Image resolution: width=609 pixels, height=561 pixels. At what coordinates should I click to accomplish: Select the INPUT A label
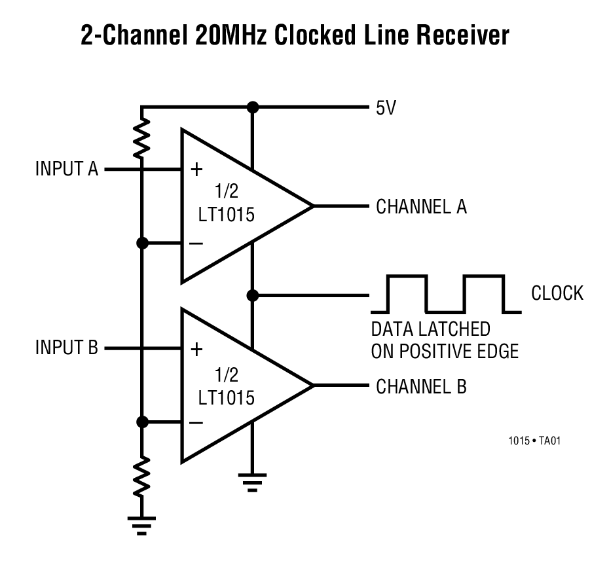click(x=66, y=169)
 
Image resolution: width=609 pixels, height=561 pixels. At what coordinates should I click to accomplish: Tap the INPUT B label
click(x=66, y=348)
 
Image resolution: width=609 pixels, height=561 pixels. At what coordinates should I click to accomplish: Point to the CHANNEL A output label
click(x=421, y=207)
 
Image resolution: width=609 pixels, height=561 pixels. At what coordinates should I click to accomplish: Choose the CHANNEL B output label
click(x=421, y=386)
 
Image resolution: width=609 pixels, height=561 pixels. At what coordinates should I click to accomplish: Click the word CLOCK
click(x=557, y=293)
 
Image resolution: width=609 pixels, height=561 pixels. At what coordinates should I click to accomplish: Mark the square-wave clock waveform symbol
click(x=446, y=293)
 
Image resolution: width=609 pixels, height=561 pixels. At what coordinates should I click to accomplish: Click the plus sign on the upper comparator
click(x=196, y=170)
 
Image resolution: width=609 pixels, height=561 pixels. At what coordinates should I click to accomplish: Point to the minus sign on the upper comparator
click(x=196, y=244)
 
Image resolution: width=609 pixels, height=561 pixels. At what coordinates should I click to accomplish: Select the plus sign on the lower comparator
click(x=196, y=349)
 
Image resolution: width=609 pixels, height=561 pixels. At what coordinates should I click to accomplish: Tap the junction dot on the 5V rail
click(x=252, y=107)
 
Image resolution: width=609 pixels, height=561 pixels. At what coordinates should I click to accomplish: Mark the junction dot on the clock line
click(x=252, y=295)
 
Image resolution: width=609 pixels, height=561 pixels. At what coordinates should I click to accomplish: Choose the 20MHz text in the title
click(x=231, y=35)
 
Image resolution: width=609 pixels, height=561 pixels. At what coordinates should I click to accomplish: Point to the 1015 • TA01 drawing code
click(x=534, y=441)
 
